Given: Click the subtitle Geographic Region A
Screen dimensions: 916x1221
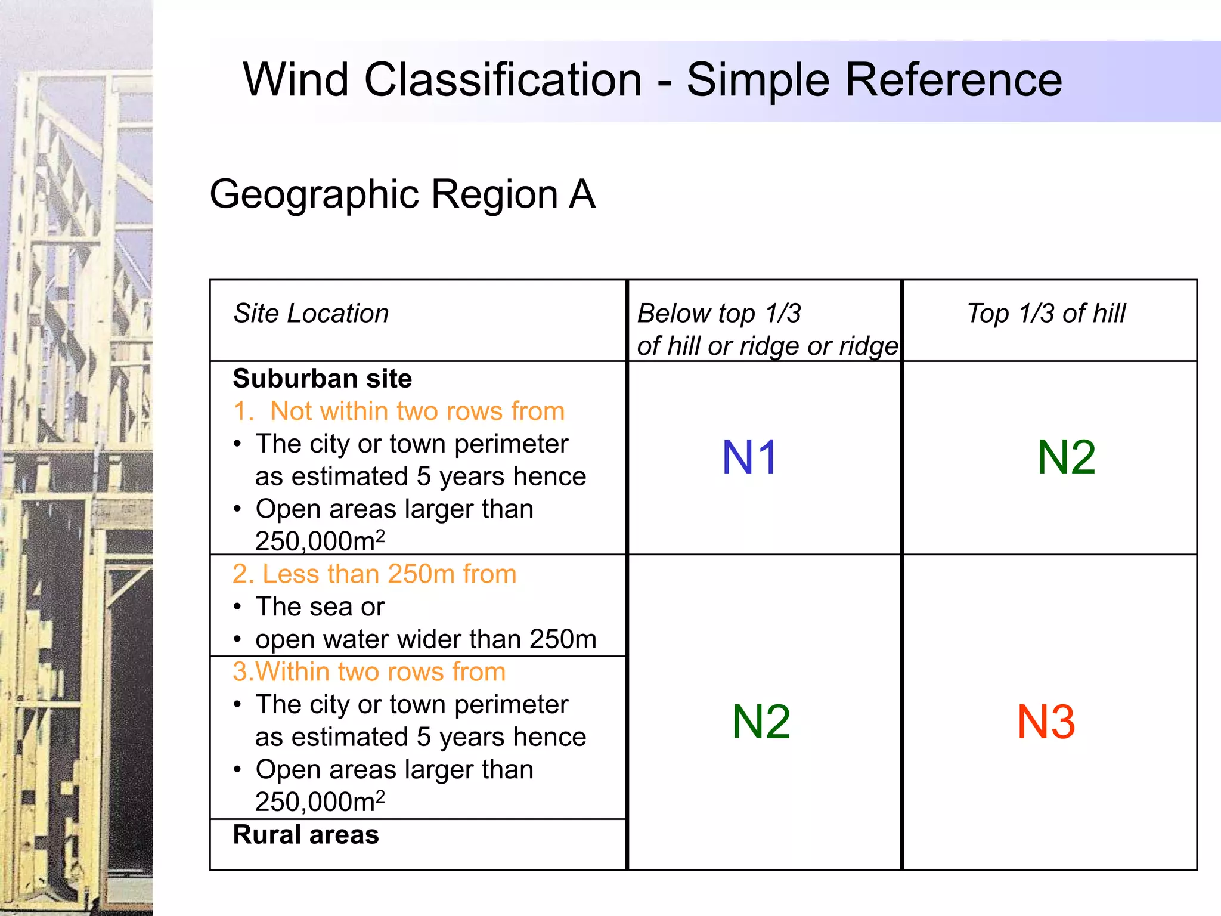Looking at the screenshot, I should tap(402, 194).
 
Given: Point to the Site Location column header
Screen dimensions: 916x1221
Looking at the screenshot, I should tap(311, 313).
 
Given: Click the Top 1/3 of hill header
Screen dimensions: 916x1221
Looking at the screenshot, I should tap(1046, 313).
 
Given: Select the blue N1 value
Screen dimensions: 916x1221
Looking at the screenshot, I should tap(749, 457).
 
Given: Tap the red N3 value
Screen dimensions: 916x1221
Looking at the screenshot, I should tap(1046, 722).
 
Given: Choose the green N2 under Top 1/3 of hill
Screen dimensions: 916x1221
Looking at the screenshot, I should tap(1066, 457).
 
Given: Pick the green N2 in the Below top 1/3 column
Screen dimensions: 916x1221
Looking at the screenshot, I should tap(761, 722).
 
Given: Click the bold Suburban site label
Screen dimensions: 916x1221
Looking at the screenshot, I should tap(323, 379).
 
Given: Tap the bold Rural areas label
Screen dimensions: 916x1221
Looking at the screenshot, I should tap(306, 834).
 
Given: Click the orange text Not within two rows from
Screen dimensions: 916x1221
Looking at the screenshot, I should tap(417, 411).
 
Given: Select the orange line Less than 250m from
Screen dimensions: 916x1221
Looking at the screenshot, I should tap(374, 574).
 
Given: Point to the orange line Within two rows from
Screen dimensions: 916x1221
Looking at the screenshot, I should tap(369, 671).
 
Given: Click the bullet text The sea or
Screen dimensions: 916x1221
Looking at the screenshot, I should tap(320, 606).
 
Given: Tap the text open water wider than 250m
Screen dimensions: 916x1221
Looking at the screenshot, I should tap(426, 639).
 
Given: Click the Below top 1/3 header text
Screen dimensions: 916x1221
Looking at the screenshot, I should tap(718, 314).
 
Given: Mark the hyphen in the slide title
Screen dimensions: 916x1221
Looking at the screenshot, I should tap(664, 82).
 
